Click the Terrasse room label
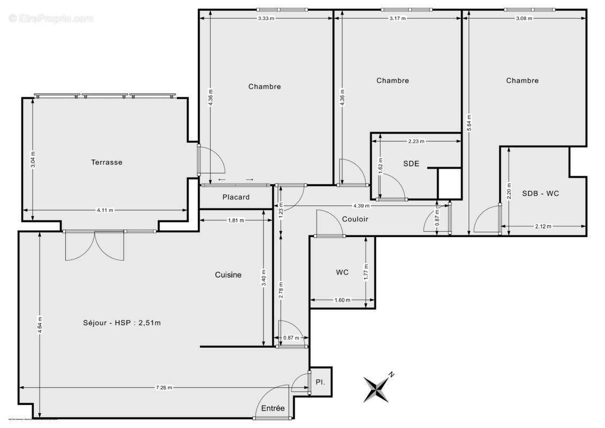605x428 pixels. coord(106,162)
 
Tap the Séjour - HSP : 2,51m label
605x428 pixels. coord(122,322)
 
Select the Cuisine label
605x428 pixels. coord(228,275)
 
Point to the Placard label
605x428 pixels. coord(236,197)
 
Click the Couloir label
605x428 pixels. coord(355,219)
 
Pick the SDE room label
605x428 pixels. coord(411,164)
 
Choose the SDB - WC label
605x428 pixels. coord(540,193)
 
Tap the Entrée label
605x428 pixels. coord(273,408)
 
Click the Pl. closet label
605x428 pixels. coord(320,383)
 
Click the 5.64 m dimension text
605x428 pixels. coord(469,123)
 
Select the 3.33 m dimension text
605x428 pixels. coord(266,18)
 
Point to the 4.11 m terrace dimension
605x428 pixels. coord(104,210)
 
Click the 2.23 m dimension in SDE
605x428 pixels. coord(416,142)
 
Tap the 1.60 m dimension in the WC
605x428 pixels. coord(342,300)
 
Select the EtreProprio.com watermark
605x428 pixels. coord(51,18)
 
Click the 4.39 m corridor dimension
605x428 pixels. coord(362,205)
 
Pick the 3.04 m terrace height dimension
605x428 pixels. coord(33,160)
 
